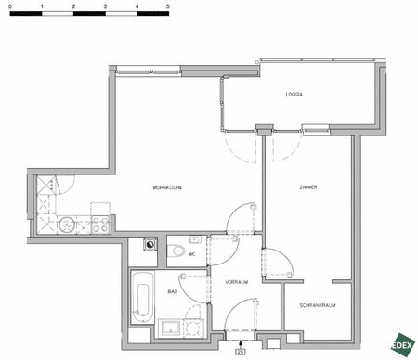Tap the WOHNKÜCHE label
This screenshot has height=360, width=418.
167,188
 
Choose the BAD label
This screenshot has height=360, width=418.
172,290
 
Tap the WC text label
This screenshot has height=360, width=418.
192,253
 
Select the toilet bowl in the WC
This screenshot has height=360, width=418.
177,251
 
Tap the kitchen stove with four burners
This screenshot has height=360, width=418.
98,223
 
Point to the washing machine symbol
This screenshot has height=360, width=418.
150,245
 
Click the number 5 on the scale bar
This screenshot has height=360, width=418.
168,6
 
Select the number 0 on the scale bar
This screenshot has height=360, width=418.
10,6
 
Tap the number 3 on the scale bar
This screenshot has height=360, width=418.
105,6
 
